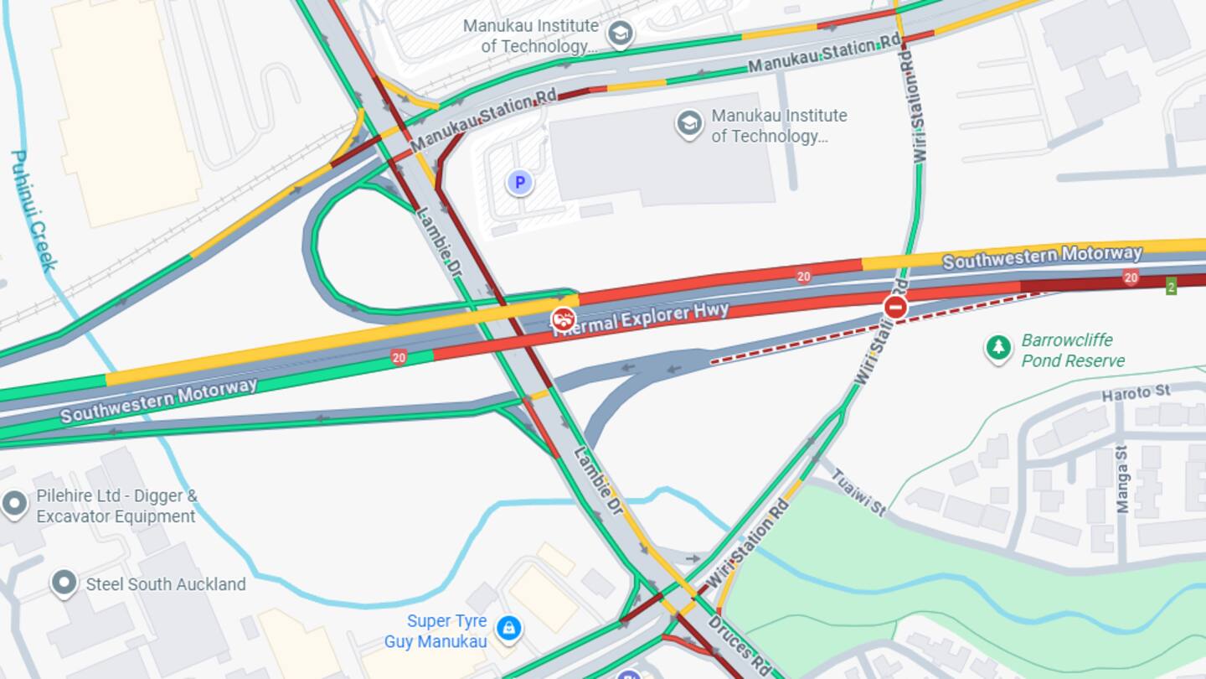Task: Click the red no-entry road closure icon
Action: (x=895, y=306)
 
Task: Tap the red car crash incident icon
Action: (x=563, y=319)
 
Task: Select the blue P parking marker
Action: (x=519, y=182)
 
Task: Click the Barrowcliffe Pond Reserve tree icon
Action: (x=997, y=348)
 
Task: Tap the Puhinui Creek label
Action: (x=33, y=210)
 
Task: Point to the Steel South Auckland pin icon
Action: (x=64, y=583)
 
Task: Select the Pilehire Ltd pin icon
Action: (x=14, y=504)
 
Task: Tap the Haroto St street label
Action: (x=1135, y=391)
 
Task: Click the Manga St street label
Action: (x=1122, y=479)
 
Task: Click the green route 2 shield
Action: (x=1171, y=285)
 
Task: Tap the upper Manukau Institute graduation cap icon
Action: (x=620, y=34)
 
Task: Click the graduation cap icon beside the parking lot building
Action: (x=688, y=124)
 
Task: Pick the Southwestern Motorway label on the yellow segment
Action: (x=1042, y=256)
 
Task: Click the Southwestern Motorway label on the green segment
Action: (x=158, y=401)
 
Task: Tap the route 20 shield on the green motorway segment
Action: (x=399, y=357)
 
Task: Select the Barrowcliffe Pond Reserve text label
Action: (x=1072, y=350)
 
